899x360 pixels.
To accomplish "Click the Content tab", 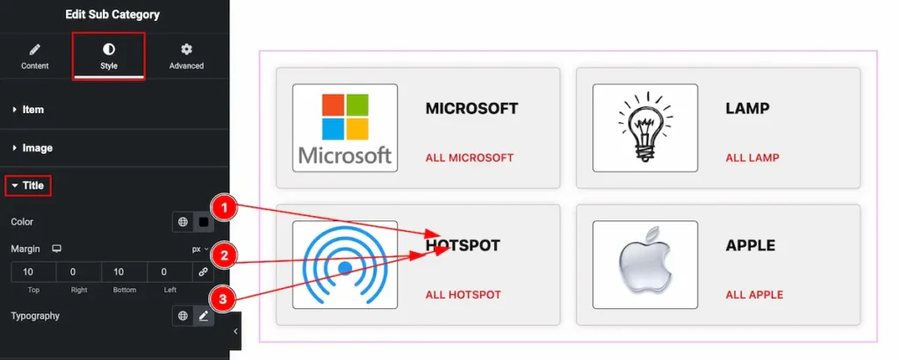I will click(35, 55).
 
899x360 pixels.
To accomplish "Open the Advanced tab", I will click(186, 55).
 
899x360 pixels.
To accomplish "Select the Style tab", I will click(109, 55).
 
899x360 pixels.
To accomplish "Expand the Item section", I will click(33, 110).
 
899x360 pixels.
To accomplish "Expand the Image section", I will click(37, 148).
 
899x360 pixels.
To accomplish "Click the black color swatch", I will click(204, 222).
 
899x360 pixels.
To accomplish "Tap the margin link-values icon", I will click(203, 272).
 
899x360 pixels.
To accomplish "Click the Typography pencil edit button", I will click(204, 316).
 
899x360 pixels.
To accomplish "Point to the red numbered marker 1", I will click(225, 208).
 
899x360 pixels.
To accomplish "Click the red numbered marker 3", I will click(225, 299).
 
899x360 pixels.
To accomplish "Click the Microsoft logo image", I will click(345, 128).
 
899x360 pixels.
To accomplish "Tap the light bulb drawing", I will click(645, 128).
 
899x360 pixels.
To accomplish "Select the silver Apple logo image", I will click(645, 264).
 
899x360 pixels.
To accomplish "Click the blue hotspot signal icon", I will click(345, 264).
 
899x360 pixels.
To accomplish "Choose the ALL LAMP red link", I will click(752, 158).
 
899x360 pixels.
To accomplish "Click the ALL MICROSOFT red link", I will click(469, 158).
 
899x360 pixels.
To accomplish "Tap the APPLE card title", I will click(751, 245).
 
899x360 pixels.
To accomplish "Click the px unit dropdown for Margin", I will click(201, 249).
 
